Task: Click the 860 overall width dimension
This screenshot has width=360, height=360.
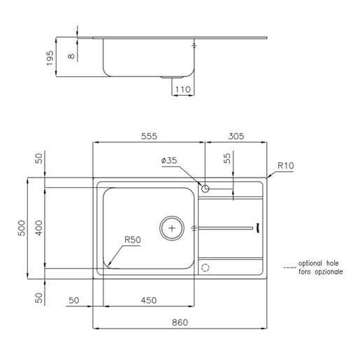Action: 180,322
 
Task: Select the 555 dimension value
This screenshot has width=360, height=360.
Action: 149,136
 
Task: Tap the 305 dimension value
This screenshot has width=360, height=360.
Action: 236,136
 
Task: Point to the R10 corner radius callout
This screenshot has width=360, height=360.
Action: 286,166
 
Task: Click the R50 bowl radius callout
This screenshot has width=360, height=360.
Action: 133,240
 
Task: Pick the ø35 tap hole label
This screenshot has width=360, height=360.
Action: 169,161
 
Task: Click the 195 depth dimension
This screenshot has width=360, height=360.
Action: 50,58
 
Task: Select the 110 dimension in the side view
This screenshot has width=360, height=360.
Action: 183,89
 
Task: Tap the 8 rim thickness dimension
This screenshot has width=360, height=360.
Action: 71,56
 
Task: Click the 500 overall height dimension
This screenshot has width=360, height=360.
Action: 22,228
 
